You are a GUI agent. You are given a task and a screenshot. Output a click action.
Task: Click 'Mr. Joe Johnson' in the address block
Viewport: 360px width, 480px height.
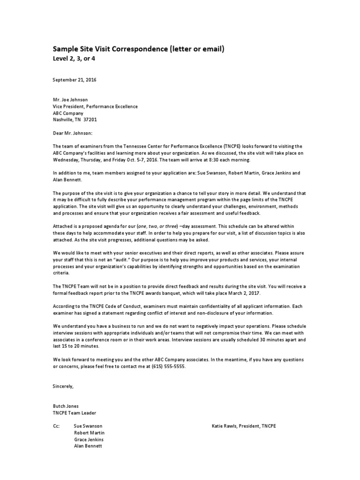[70, 100]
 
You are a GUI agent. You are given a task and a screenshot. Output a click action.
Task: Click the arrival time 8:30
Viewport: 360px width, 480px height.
[203, 159]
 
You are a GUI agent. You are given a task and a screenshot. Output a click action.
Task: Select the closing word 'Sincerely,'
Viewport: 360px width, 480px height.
[63, 386]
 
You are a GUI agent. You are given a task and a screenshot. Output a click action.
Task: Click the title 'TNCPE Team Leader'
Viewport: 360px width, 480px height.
[75, 412]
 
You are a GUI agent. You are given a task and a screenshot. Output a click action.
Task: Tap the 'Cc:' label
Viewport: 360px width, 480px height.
[56, 426]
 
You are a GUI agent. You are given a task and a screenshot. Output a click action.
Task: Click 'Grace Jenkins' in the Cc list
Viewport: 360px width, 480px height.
[89, 440]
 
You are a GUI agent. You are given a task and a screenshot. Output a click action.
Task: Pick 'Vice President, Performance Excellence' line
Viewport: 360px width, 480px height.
[95, 106]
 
